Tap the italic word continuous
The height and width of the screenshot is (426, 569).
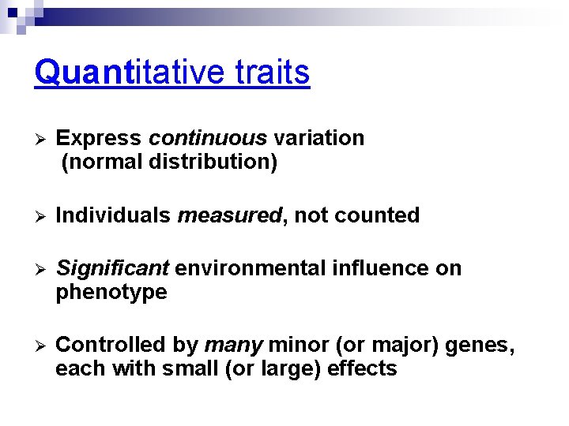pos(208,138)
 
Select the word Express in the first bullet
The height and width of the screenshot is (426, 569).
pos(99,138)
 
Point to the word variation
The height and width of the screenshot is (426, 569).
pos(318,138)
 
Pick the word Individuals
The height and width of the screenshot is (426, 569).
pos(114,215)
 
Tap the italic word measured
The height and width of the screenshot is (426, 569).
pos(229,215)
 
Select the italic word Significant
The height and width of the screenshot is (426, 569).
pos(112,268)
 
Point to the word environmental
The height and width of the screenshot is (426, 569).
pos(247,268)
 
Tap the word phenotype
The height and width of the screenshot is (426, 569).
pos(111,293)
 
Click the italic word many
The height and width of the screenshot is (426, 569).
pos(234,345)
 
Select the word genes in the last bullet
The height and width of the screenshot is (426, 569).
pos(481,345)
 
